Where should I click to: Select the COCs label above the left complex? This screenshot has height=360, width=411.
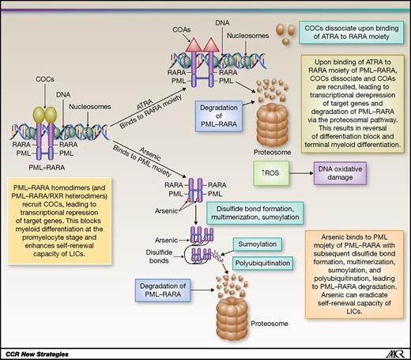coord(43,80)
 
